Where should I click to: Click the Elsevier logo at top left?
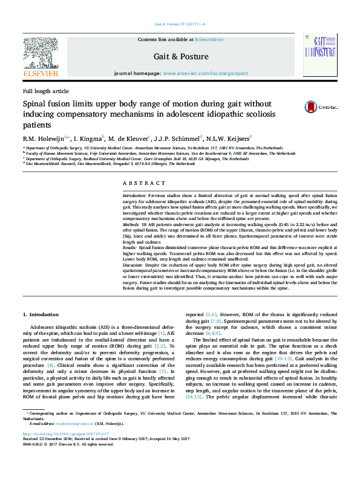(41, 57)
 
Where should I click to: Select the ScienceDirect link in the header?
(209, 39)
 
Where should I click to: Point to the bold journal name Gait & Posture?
(181, 56)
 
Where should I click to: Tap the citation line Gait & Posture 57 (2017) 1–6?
(180, 24)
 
